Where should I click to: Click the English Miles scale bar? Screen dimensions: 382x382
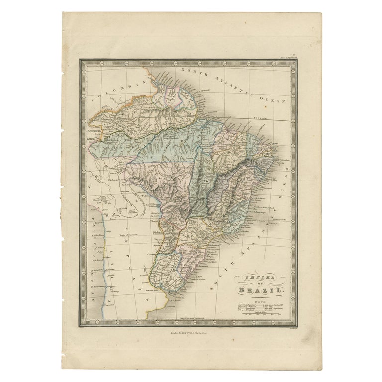point(263,314)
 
